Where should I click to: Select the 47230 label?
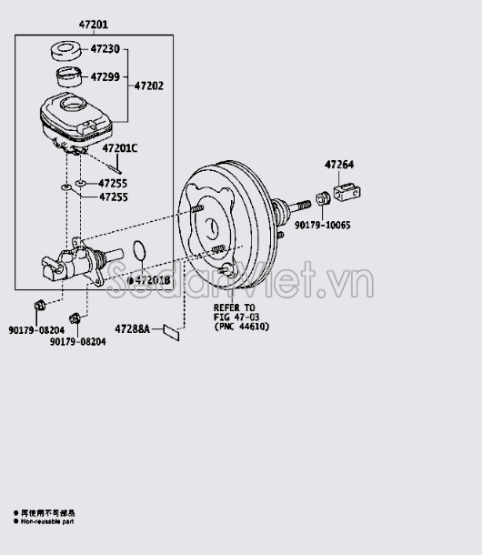(x=105, y=49)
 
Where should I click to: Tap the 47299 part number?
(x=105, y=76)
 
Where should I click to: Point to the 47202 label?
(x=149, y=86)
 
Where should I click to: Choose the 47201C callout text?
(x=119, y=147)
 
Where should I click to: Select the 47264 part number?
(x=340, y=165)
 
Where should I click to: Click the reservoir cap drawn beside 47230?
(x=65, y=50)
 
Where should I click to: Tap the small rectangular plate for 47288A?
(x=170, y=332)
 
